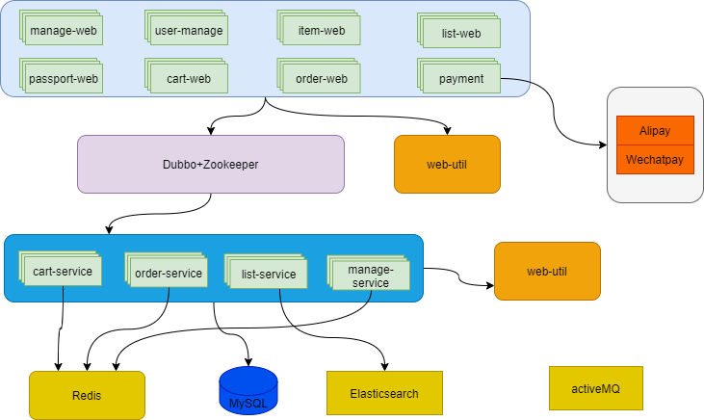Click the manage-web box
tap(63, 31)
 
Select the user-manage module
tap(189, 31)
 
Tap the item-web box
tap(322, 31)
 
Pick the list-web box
tap(461, 34)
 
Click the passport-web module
tap(63, 78)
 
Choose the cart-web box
tap(189, 78)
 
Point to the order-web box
tap(322, 78)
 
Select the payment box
tap(461, 78)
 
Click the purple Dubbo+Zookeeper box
tap(211, 165)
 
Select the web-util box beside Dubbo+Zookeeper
tap(447, 165)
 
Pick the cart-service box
tap(63, 272)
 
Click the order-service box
tap(168, 274)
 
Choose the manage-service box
tap(370, 277)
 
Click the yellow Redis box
tap(87, 396)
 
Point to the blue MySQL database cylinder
tap(248, 391)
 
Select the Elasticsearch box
tap(384, 393)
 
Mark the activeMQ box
tap(594, 388)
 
